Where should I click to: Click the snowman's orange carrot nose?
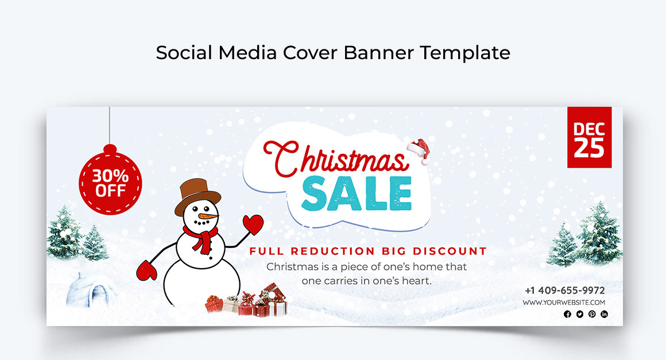[208, 216]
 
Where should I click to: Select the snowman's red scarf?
[202, 238]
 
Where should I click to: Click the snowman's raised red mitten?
[253, 224]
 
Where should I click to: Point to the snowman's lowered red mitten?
[146, 270]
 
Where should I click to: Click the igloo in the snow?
[91, 290]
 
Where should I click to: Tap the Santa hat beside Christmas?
[419, 150]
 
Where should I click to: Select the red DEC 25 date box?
[589, 137]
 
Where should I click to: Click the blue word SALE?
[357, 193]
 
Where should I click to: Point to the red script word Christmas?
[335, 158]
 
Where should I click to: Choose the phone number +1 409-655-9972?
[565, 291]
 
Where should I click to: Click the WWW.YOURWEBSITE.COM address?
[564, 302]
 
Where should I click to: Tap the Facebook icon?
[567, 314]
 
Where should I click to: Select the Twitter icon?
[580, 314]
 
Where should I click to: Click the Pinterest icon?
[592, 314]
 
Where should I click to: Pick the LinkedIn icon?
[604, 314]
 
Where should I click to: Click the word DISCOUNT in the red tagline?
[450, 251]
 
